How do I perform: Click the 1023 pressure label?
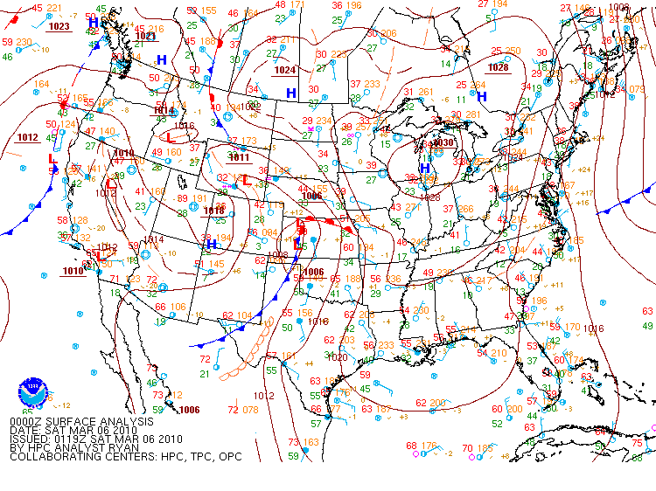coord(59,27)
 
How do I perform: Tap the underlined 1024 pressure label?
coord(285,70)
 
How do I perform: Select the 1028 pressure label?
coord(499,67)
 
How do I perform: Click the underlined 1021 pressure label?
coord(145,36)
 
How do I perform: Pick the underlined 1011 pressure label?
coord(238,158)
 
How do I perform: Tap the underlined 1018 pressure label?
coord(213,211)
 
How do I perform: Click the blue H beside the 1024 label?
coord(291,93)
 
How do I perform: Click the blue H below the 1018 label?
coord(211,245)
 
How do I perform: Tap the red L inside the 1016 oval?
coord(171,138)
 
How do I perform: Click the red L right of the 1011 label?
coord(247,181)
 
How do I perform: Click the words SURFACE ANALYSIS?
coord(94,421)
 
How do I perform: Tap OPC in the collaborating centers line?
coord(229,456)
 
